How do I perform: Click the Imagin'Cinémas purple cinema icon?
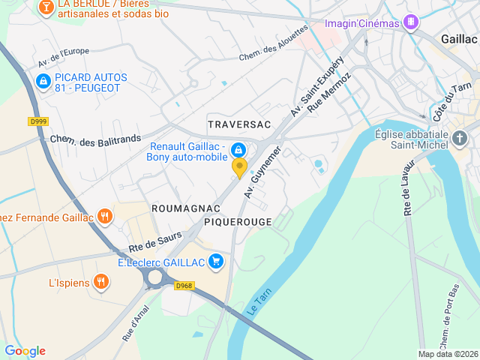tap(410, 22)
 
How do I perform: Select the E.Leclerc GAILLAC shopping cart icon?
tap(216, 261)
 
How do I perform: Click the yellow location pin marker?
tap(239, 167)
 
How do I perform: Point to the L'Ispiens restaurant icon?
tap(101, 283)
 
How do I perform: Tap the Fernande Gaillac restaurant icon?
tap(104, 217)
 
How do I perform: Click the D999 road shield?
tap(37, 121)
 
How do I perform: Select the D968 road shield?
tap(184, 285)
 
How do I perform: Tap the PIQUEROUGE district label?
tap(238, 222)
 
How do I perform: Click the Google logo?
tap(25, 351)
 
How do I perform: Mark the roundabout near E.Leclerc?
tap(156, 277)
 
